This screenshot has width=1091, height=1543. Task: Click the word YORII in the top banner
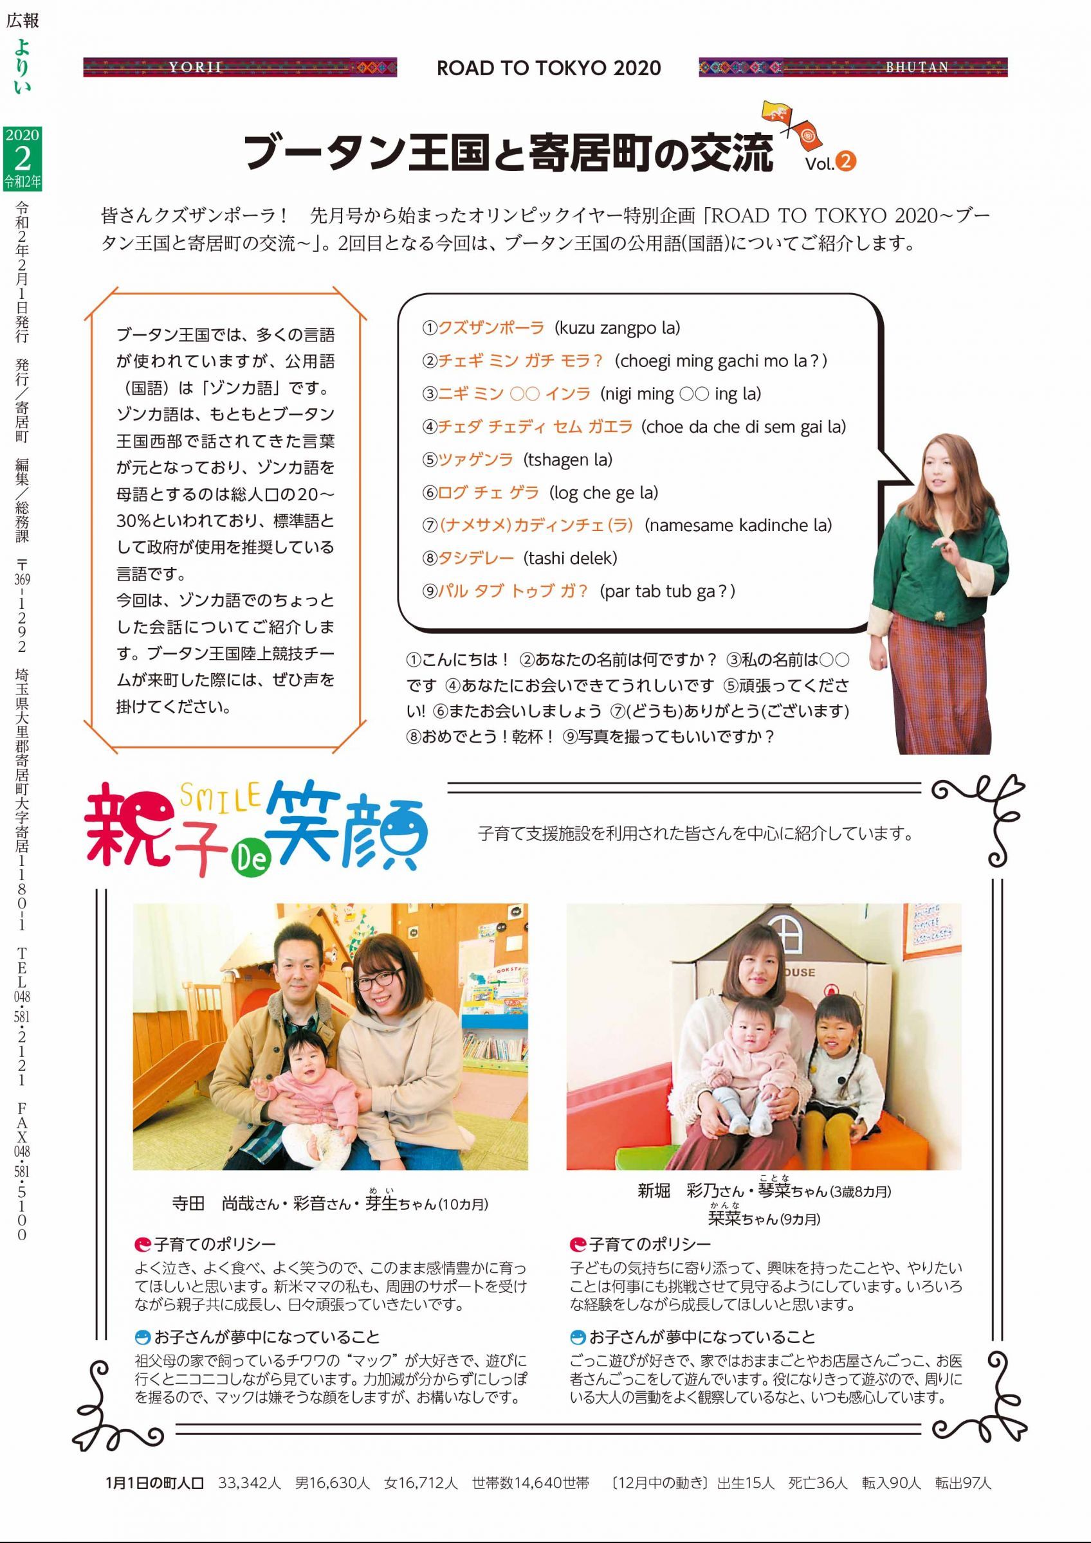[x=196, y=68]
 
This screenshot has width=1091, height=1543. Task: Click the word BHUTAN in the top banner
[x=916, y=68]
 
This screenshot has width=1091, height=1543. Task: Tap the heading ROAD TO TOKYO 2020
[x=549, y=68]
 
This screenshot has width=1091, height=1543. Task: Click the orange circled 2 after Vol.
[x=846, y=161]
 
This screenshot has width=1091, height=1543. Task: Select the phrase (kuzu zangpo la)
[x=617, y=328]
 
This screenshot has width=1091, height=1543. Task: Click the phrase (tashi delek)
[x=570, y=558]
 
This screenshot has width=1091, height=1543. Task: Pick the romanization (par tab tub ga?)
[x=667, y=591]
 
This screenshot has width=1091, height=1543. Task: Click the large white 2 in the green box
[x=22, y=159]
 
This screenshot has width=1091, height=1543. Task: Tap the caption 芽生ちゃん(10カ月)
[x=426, y=1203]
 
